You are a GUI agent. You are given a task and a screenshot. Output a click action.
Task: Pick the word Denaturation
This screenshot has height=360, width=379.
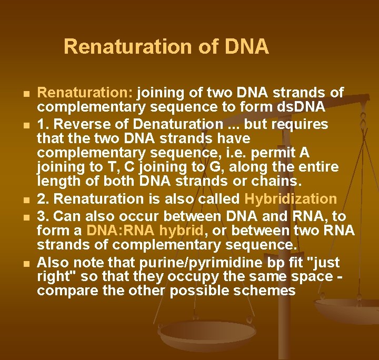[x=172, y=125]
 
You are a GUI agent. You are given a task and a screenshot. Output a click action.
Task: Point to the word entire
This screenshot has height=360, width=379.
[x=317, y=167]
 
